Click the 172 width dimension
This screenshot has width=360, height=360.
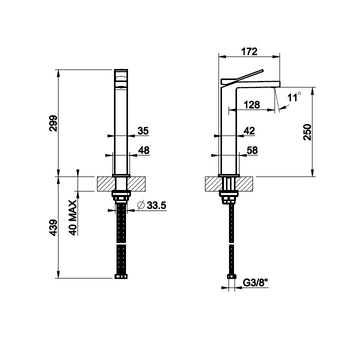[249, 51]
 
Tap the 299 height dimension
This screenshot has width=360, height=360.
[53, 123]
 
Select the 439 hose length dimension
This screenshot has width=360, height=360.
[53, 228]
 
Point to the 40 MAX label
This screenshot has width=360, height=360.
[73, 217]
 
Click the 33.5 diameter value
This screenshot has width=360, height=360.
[156, 205]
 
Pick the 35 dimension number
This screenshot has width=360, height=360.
[143, 131]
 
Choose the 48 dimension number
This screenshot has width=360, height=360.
[143, 150]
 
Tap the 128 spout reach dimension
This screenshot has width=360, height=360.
[251, 105]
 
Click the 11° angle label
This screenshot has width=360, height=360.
[294, 97]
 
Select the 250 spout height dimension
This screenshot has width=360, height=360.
[307, 132]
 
